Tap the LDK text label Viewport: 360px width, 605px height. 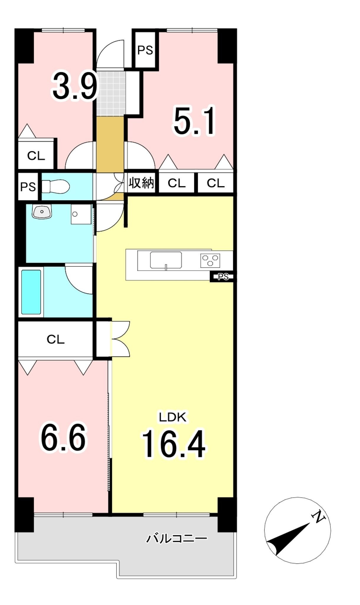pos(173,417)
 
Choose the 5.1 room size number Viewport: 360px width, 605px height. pos(195,121)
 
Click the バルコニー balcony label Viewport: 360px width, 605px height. pos(177,538)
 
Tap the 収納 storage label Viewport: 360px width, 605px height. pos(141,183)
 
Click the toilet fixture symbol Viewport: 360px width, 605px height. pos(56,187)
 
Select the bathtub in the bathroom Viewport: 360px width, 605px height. pos(31,292)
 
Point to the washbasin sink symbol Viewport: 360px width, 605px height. pos(42,212)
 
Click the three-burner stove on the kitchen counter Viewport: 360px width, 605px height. pos(210,261)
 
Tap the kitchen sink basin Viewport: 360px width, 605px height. pos(166,260)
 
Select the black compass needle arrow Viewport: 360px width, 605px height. pos(289,539)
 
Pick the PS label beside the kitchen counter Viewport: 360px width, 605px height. pos(223,277)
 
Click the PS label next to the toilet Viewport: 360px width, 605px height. pos(28,187)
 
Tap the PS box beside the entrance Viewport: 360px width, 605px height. pos(145,50)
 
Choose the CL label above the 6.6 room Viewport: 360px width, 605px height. pos(56,339)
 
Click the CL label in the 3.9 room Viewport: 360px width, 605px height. pos(36,155)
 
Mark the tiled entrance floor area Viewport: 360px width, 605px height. pos(111,93)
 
